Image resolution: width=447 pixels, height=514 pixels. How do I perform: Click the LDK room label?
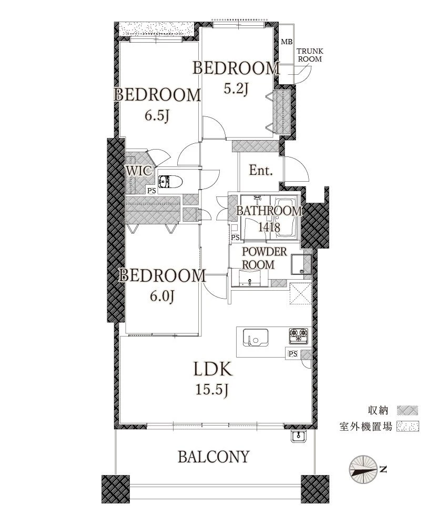213,369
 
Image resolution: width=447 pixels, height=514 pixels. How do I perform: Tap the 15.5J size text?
212,390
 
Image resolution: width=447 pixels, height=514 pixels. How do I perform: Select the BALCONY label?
214,457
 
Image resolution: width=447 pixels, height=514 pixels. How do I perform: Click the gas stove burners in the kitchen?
298,335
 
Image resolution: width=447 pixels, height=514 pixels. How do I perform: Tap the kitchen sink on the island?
255,337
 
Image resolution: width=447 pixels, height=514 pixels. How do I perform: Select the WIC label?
139,171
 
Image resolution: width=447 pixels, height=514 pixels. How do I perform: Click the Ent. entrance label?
261,170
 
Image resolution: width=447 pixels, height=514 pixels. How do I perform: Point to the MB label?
287,42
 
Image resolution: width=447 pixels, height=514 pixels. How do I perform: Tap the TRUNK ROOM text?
310,55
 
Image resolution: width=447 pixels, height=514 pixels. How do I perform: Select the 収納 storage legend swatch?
408,410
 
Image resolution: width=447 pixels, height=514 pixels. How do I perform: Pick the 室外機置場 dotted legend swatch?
408,427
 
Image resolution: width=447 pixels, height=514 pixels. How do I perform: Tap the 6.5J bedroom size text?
157,115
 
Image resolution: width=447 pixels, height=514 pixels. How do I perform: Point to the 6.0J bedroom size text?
162,296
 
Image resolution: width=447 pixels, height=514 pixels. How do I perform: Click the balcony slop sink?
298,436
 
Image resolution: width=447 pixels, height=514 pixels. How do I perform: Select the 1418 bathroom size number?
269,226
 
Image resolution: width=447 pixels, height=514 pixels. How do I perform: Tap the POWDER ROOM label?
264,258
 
